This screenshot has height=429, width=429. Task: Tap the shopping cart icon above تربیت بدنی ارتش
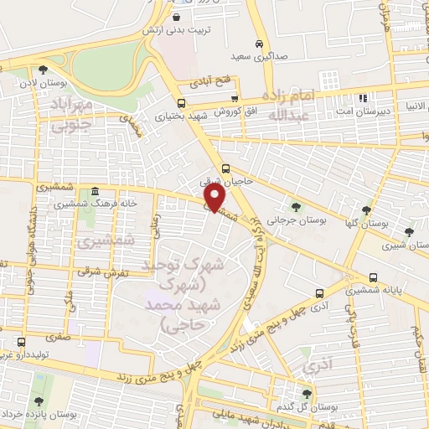point(177,17)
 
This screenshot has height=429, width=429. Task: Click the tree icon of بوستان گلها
point(365,210)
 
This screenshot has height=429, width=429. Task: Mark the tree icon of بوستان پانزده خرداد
point(39,401)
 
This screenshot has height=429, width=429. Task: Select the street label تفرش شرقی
point(95,272)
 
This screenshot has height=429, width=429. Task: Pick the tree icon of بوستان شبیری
point(409,233)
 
